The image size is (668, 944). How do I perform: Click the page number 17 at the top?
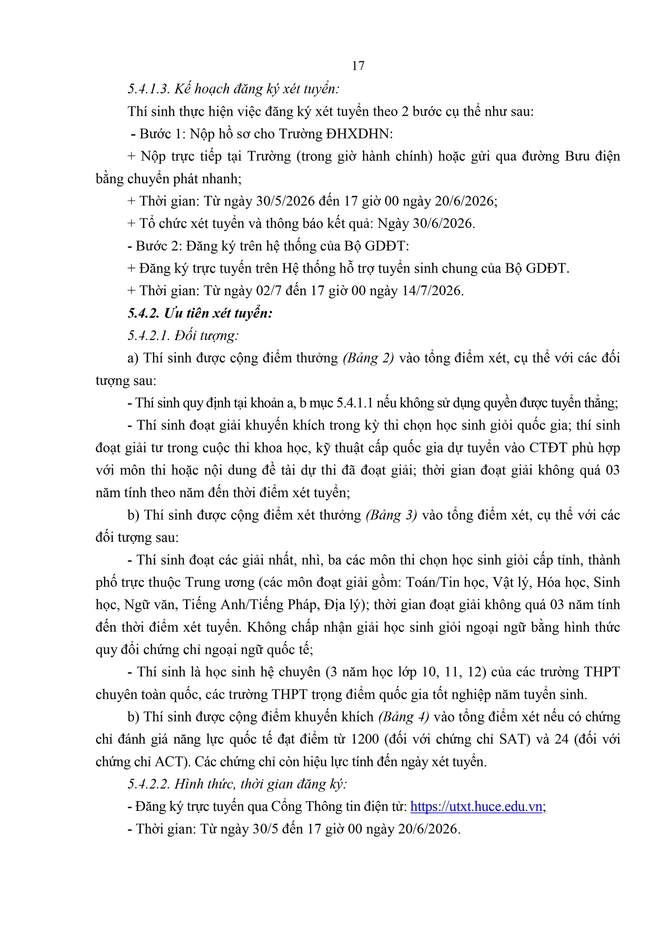tap(358, 66)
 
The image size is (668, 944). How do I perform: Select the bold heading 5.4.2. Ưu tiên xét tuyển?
tap(200, 313)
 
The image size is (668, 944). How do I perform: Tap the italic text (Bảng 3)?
tap(391, 515)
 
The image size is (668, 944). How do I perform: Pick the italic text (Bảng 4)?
tap(404, 717)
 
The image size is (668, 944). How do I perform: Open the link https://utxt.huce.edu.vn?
tap(476, 807)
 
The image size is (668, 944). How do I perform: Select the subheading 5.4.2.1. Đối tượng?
tap(183, 335)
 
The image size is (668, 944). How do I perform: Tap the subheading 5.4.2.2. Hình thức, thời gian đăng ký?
tap(237, 784)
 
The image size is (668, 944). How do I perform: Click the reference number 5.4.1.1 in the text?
tap(354, 403)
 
